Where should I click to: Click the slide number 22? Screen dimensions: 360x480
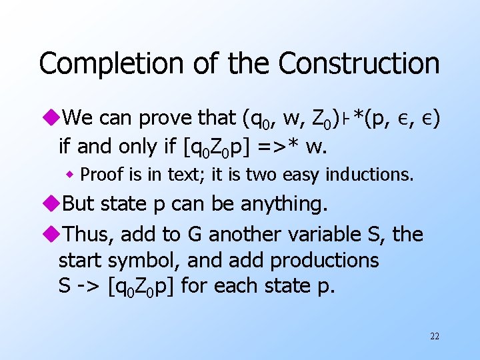coord(434,336)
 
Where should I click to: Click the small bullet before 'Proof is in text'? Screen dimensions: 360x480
coord(70,175)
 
